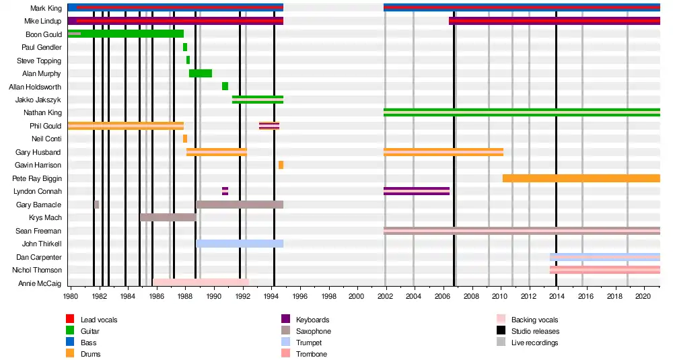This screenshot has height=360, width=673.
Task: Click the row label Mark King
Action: (46, 8)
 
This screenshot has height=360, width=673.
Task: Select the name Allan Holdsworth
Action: (35, 87)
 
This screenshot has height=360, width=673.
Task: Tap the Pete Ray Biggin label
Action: (37, 178)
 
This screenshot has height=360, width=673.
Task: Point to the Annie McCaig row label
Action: (40, 283)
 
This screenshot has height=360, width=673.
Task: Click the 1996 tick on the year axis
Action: (300, 295)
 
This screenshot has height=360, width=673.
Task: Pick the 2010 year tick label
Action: (500, 295)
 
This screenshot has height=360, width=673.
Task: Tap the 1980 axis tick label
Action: (71, 295)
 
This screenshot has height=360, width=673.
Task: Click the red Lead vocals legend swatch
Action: (69, 320)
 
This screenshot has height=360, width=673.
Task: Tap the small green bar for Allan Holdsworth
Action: (225, 86)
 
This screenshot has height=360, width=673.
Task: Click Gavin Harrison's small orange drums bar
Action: (281, 165)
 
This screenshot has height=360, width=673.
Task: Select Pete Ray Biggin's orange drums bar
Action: (581, 178)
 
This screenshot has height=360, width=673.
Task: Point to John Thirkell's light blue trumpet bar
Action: (239, 244)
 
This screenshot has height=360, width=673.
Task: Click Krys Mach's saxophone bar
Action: (168, 217)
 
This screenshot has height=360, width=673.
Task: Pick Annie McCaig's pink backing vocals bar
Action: (201, 283)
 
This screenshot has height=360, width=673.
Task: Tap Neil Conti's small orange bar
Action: (185, 139)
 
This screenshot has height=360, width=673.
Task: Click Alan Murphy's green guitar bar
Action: (201, 73)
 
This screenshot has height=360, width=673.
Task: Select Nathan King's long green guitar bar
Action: (522, 112)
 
